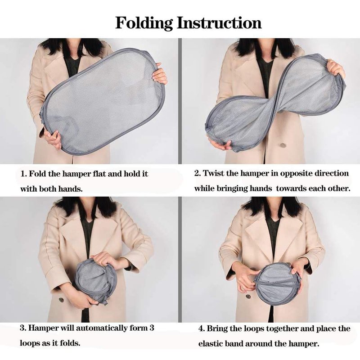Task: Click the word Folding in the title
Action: [x=144, y=23]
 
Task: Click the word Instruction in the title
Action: [x=219, y=23]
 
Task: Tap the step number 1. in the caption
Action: [x=24, y=174]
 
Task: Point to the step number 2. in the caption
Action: [x=198, y=173]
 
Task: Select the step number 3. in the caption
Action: [x=23, y=328]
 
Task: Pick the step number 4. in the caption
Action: [x=202, y=328]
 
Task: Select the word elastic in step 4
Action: [x=209, y=343]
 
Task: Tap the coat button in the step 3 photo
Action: [x=61, y=300]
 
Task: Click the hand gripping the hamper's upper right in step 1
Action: [x=160, y=76]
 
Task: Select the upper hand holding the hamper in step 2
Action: [x=336, y=68]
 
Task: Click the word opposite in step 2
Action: [x=296, y=173]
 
